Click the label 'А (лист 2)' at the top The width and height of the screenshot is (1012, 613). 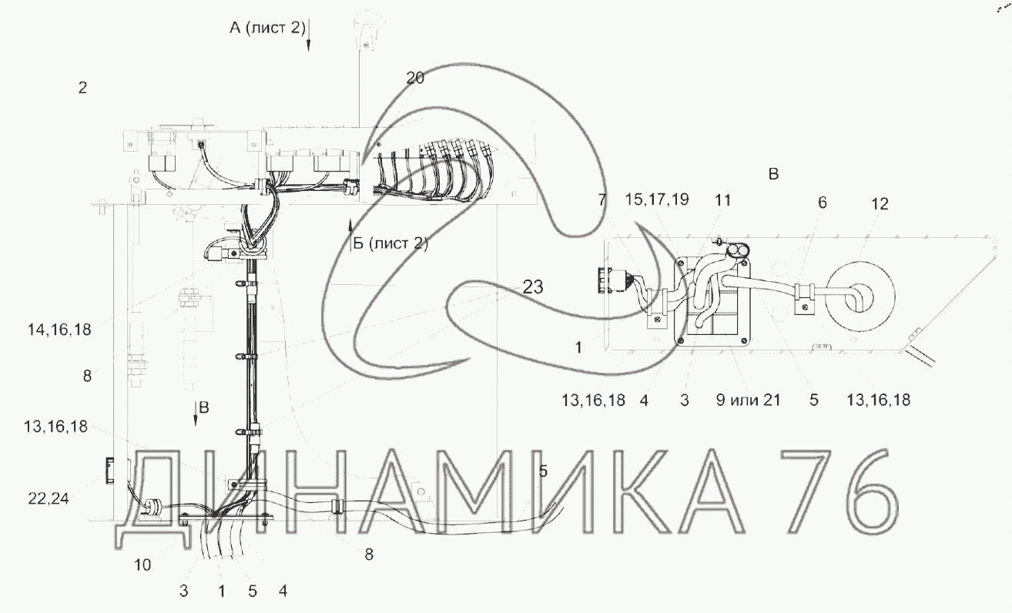click(267, 28)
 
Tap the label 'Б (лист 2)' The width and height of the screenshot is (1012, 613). click(390, 243)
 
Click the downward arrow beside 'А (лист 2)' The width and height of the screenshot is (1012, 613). click(309, 35)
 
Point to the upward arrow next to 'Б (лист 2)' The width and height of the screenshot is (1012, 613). click(350, 234)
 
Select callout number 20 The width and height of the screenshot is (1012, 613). click(415, 78)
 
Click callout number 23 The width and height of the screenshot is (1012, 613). click(533, 286)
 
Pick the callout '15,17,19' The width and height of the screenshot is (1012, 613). click(657, 199)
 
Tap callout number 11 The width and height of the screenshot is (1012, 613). click(723, 199)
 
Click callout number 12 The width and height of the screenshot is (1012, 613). click(880, 204)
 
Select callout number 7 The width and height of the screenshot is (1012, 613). click(602, 199)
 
